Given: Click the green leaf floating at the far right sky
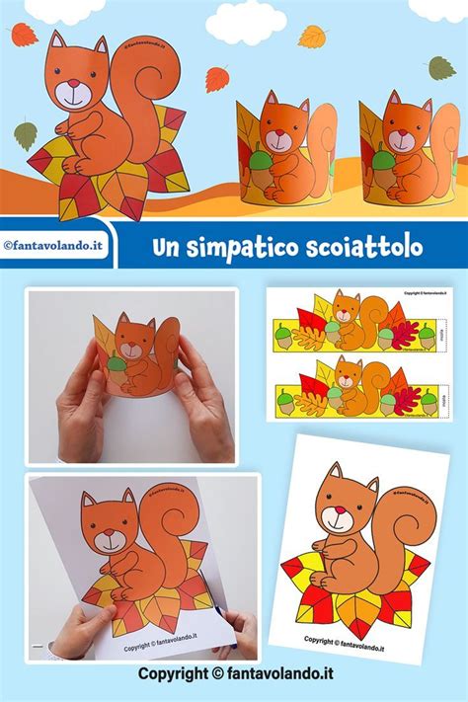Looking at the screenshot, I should [x=441, y=67].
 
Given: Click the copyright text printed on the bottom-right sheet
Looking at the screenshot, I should [x=360, y=639].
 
